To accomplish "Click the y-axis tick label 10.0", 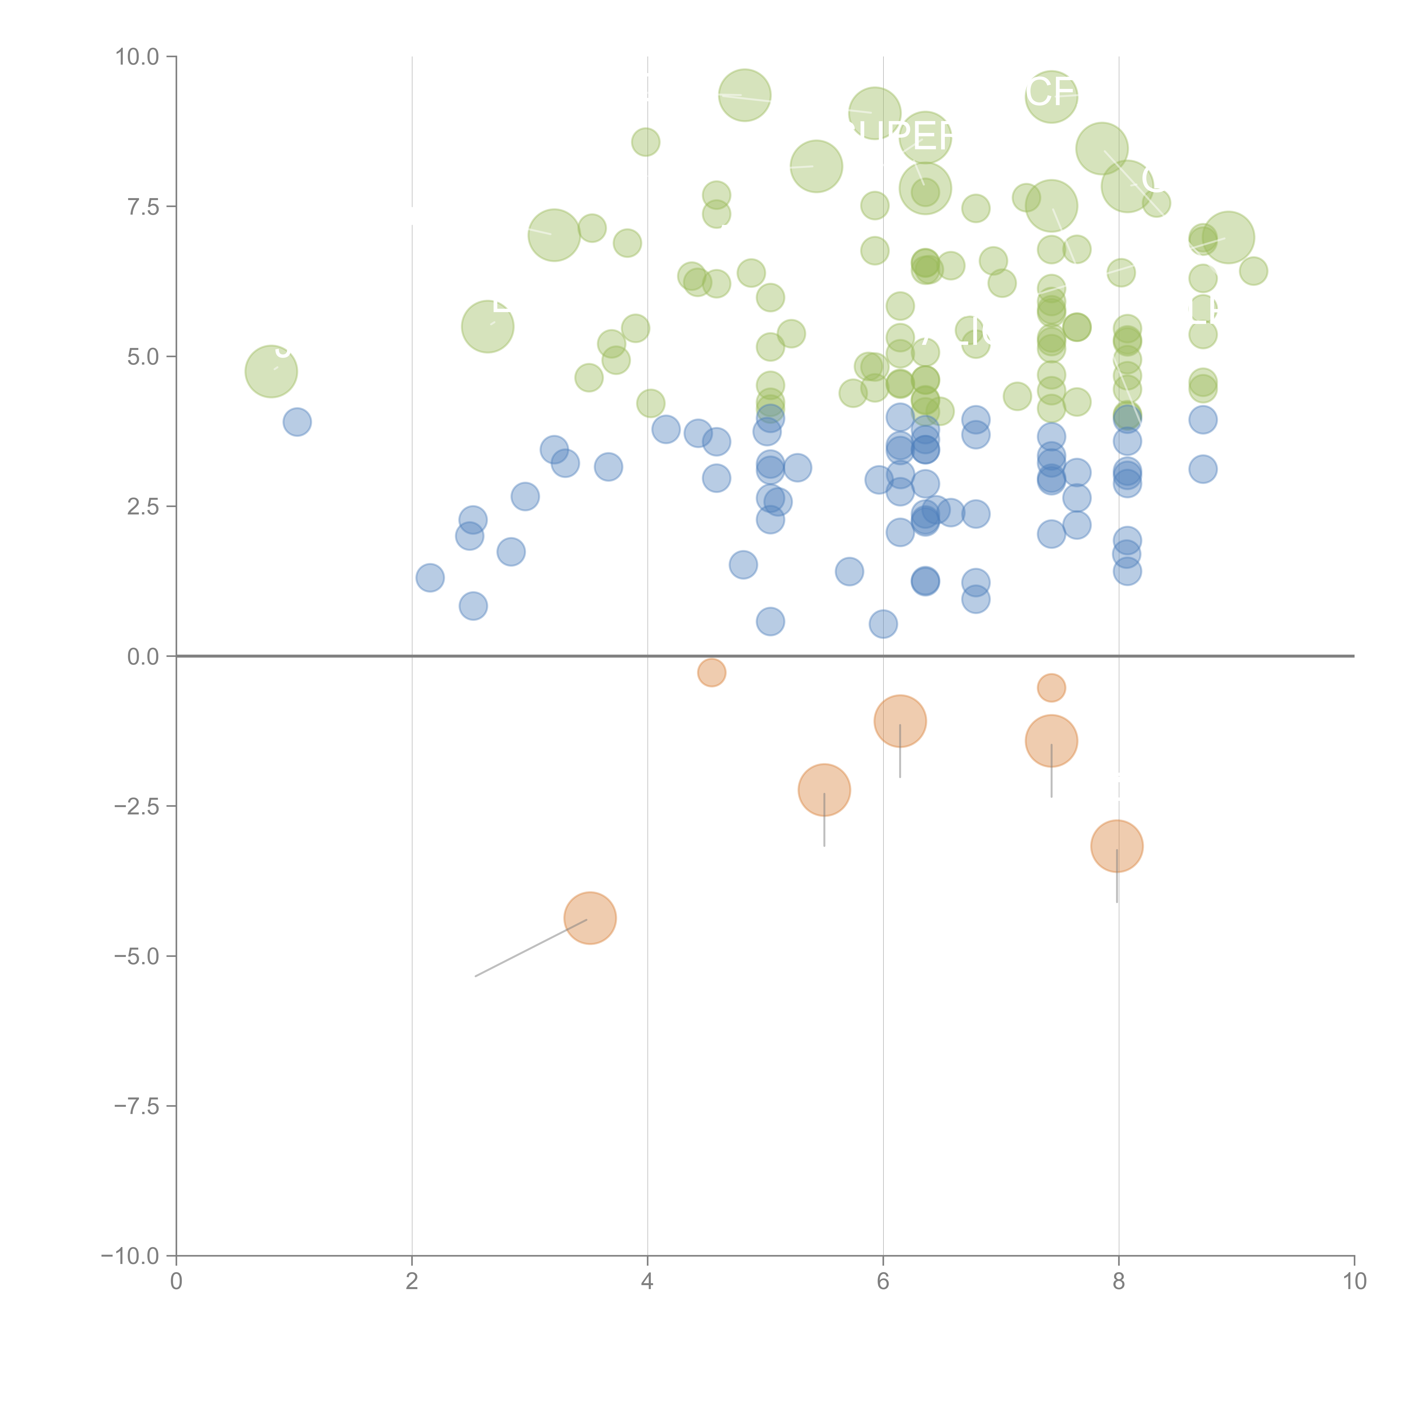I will pos(137,57).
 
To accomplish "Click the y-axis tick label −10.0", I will pos(132,1256).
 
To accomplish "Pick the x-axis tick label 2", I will pos(412,1282).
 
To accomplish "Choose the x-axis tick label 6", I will pos(883,1282).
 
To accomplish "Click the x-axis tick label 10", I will pos(1354,1282).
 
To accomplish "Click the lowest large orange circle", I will pos(590,918).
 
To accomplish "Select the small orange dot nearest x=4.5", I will pos(711,672).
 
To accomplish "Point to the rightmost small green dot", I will pos(1253,271).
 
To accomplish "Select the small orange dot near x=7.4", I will pos(1051,687).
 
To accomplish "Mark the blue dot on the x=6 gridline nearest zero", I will pos(883,624).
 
